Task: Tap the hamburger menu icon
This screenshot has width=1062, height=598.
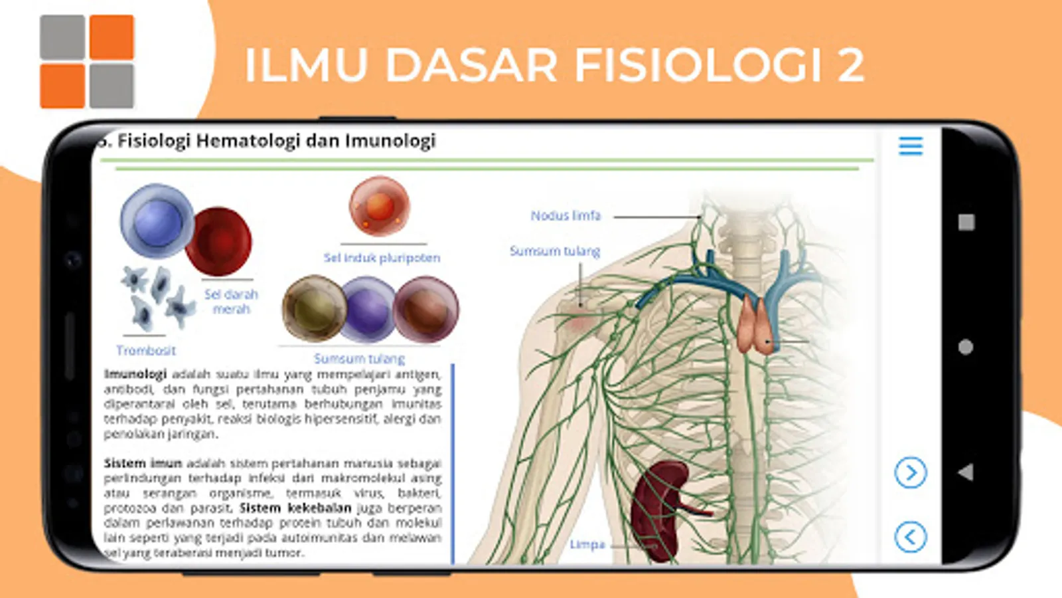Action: pos(911,146)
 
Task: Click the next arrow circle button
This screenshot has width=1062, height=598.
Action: pos(910,473)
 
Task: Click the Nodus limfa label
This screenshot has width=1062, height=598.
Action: pos(566,216)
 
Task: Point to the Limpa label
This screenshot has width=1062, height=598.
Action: pos(587,544)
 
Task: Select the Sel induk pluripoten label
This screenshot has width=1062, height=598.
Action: pos(382,258)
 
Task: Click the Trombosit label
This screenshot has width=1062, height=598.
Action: pos(146,350)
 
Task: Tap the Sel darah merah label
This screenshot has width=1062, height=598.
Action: pos(231,302)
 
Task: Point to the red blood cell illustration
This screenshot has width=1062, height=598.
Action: pos(219,241)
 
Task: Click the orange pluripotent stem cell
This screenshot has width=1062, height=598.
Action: pos(379,206)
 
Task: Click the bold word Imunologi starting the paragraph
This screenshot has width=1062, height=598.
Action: pos(135,374)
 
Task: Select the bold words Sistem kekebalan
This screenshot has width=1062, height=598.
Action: pos(295,508)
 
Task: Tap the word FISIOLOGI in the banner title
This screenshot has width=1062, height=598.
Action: pos(698,65)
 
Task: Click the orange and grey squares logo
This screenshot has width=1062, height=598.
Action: pos(87,62)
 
